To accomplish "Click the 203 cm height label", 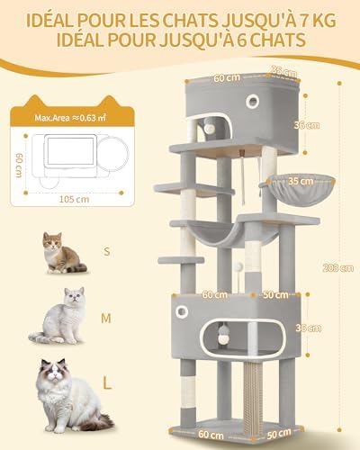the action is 337,267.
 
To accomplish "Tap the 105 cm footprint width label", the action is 74,199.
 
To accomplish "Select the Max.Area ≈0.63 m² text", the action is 70,118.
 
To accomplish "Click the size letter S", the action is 106,251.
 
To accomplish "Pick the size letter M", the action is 106,319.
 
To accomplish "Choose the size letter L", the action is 107,382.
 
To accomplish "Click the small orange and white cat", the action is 62,253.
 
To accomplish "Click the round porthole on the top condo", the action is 253,102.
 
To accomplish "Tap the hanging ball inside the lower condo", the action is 222,334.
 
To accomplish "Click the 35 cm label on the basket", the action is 301,181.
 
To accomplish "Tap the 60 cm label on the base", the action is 211,435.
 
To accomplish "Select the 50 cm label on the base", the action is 278,434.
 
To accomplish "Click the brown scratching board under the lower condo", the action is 253,393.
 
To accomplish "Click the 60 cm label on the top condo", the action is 227,77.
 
